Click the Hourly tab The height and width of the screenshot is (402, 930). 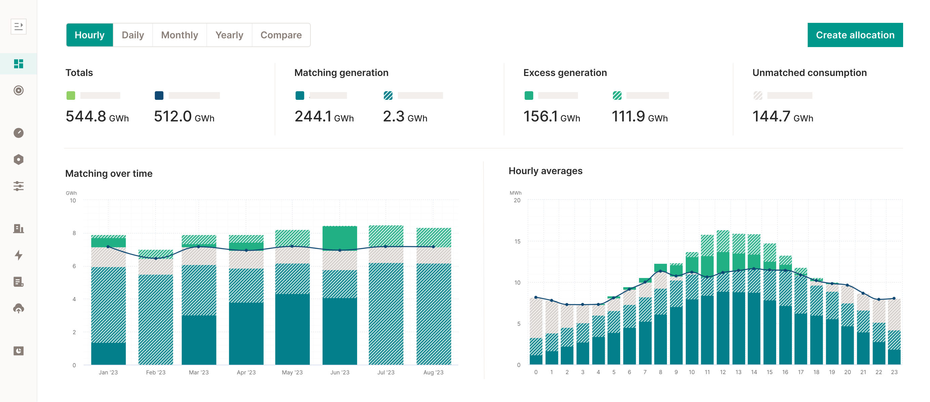pos(89,35)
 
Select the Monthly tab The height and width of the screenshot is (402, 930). pos(179,35)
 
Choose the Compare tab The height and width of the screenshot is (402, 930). pos(281,35)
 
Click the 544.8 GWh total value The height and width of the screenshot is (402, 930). pos(97,117)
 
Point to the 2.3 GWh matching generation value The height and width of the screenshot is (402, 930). pos(405,117)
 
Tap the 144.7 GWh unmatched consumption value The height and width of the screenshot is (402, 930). pos(783,117)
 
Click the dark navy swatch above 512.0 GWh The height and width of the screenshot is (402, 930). pos(159,95)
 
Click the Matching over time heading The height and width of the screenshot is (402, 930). pos(109,173)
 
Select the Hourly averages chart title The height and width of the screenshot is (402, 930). pos(545,171)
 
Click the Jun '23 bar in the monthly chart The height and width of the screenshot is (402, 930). pos(339,296)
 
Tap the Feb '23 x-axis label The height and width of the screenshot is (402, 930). pos(156,372)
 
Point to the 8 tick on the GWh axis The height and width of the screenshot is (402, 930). pos(74,233)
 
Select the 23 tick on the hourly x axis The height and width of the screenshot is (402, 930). pos(894,372)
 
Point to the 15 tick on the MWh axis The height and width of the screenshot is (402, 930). pos(517,241)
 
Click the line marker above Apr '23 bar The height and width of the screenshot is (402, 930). pos(246,250)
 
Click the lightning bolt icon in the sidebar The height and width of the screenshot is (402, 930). pos(18,255)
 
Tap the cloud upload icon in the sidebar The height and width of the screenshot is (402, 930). pos(18,309)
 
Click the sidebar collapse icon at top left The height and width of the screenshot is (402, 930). pos(18,26)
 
